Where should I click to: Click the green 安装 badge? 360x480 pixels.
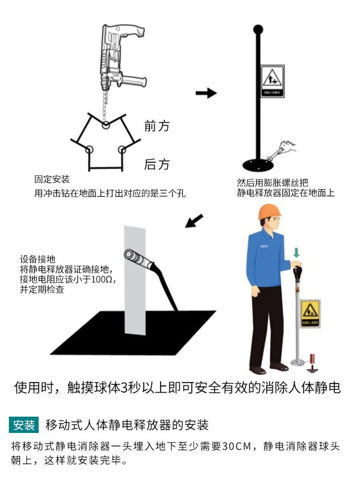pos(24,425)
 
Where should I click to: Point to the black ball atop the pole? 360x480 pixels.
pos(258,29)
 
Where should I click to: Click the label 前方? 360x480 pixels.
pos(157,126)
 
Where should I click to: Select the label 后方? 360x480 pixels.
pos(157,165)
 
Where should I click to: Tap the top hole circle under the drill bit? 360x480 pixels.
pos(106,124)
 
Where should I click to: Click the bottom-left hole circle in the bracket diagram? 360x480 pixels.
pos(89,149)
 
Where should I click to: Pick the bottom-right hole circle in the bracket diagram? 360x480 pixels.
pos(122,149)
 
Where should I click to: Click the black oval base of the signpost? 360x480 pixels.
pos(258,165)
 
